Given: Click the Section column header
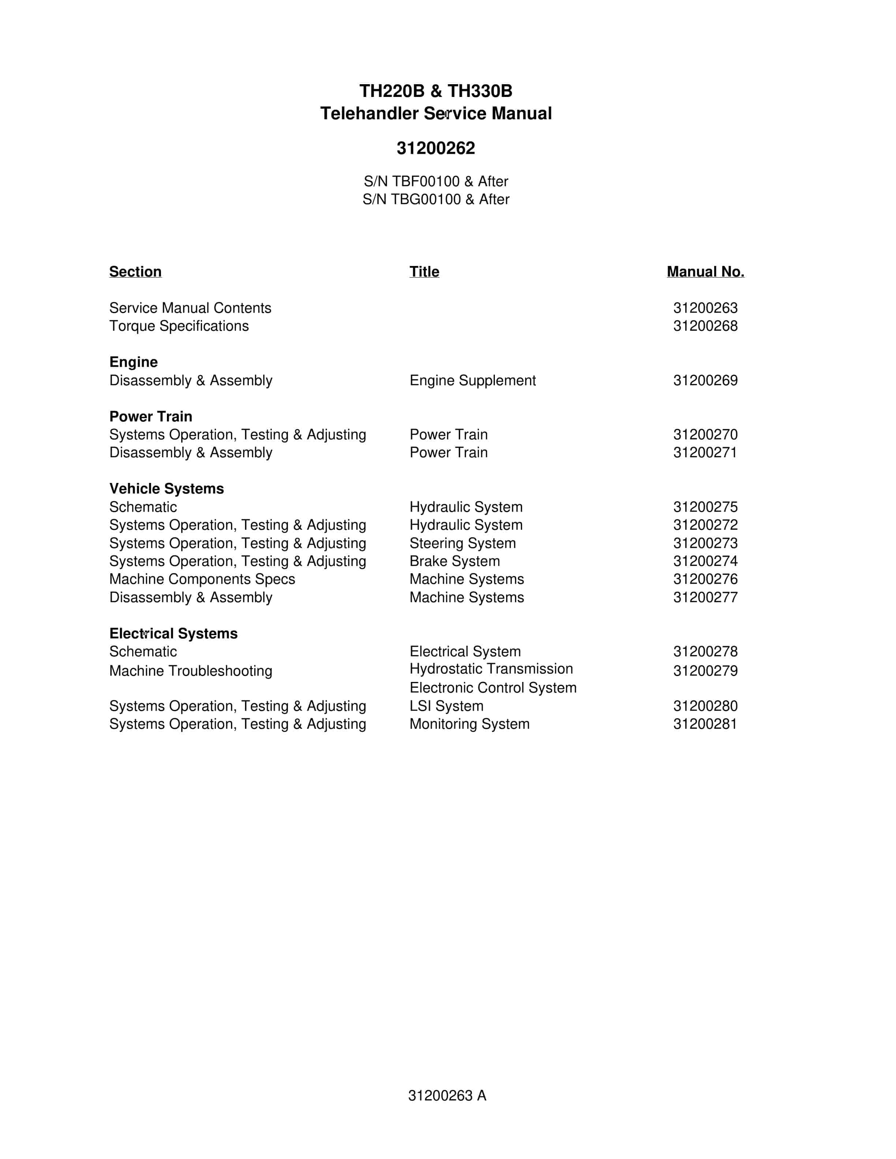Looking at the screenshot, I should [135, 272].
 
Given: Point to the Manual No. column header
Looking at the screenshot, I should [705, 272].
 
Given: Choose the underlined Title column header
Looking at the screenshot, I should [424, 272].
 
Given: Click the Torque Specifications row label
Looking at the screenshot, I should [179, 326].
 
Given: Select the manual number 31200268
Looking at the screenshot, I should [705, 326].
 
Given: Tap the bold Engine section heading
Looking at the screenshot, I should [133, 362].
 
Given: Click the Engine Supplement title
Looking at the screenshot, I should [473, 380].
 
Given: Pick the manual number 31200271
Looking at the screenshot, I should [705, 453].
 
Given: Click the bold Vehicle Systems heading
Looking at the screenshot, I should [166, 489].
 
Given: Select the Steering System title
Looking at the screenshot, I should [462, 543].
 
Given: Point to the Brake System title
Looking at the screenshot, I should [454, 562].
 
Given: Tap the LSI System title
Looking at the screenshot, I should [447, 706].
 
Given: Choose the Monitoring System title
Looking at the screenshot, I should [469, 724].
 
